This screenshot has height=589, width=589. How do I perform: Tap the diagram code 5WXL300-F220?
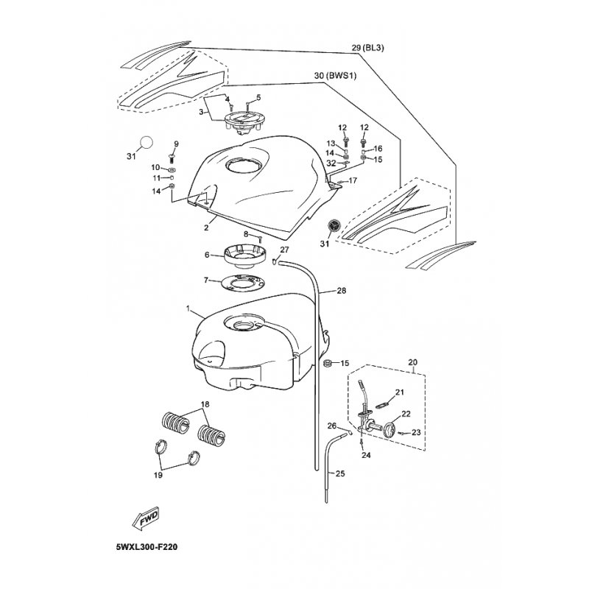coord(147,547)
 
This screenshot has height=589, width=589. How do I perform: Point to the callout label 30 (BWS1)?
coord(336,76)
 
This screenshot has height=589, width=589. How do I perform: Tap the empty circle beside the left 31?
coord(147,142)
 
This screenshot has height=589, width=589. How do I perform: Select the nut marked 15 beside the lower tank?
coord(327,363)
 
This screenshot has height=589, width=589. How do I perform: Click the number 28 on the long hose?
coord(342,290)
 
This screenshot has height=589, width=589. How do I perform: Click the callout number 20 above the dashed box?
coord(412,362)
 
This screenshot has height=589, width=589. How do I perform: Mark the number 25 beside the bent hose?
coord(340,473)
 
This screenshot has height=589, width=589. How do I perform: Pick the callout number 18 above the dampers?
coord(205,404)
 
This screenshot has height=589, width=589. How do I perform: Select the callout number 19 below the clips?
coord(158,475)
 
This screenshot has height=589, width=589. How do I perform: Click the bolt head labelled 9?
coord(172,156)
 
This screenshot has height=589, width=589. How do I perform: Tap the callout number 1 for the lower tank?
coord(188,308)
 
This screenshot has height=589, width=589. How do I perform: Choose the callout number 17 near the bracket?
coord(353,180)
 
